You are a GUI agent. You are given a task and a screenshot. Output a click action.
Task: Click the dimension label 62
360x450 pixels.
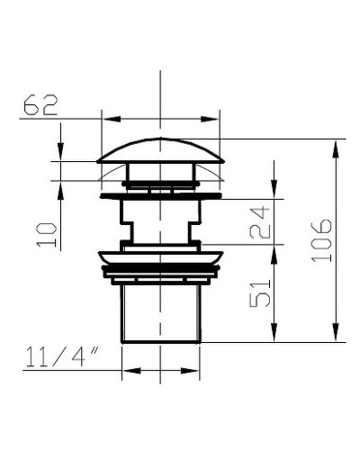point(40,105)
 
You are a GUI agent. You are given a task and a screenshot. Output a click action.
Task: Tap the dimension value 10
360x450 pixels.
point(47,235)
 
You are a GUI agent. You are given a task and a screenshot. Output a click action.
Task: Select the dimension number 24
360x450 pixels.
point(260,222)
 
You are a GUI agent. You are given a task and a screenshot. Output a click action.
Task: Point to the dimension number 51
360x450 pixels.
point(260,294)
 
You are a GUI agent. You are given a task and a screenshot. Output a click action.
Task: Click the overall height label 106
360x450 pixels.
point(321,240)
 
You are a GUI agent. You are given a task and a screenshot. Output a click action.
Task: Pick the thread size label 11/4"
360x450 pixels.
point(62,357)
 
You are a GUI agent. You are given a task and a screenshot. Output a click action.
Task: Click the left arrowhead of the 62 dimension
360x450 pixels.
point(112,119)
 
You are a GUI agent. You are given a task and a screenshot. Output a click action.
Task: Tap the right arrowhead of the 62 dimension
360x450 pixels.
point(210,119)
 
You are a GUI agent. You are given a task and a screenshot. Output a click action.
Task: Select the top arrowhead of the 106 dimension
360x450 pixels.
point(336,148)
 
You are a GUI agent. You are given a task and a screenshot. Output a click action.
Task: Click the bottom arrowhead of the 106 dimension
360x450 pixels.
point(336,332)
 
